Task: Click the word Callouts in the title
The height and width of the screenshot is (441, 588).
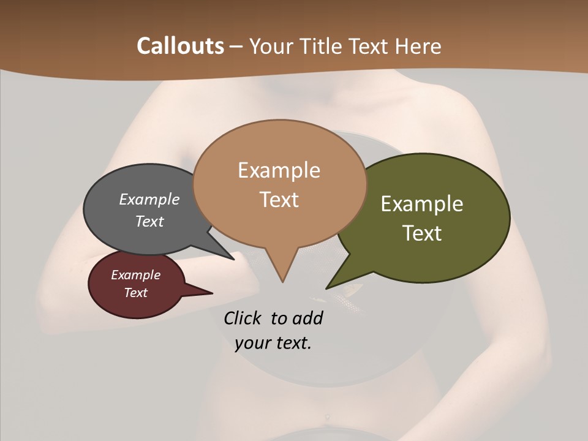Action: click(180, 46)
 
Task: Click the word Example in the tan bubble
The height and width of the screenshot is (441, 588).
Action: click(279, 170)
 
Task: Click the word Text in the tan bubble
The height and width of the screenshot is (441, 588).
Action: click(279, 200)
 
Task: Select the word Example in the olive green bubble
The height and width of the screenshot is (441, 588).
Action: click(422, 204)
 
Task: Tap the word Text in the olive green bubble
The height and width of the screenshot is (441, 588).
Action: click(422, 233)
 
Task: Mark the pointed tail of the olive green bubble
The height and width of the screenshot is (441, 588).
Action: click(328, 287)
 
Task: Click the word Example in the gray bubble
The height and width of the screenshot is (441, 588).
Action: click(149, 199)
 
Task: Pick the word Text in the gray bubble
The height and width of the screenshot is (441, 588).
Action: click(149, 221)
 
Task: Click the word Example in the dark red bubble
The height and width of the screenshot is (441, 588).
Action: click(136, 275)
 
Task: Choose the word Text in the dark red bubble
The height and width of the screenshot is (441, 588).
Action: click(136, 293)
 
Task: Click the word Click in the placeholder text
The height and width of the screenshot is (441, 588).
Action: click(243, 318)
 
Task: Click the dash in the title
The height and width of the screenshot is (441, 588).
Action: click(237, 47)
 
